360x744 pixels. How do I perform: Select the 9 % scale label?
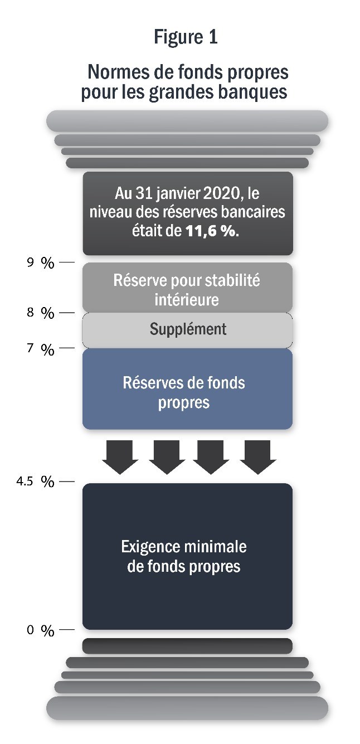click(40, 263)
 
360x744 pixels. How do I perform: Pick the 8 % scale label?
click(40, 314)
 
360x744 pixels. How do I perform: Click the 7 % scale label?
click(40, 350)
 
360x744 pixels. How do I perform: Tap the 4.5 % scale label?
click(36, 482)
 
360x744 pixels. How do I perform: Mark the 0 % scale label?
click(40, 631)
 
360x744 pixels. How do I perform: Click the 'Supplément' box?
click(188, 329)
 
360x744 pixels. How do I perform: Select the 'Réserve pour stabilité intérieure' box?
click(187, 288)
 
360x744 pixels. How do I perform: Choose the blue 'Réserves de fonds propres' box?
click(187, 390)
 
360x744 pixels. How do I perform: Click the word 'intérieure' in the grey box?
click(187, 300)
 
